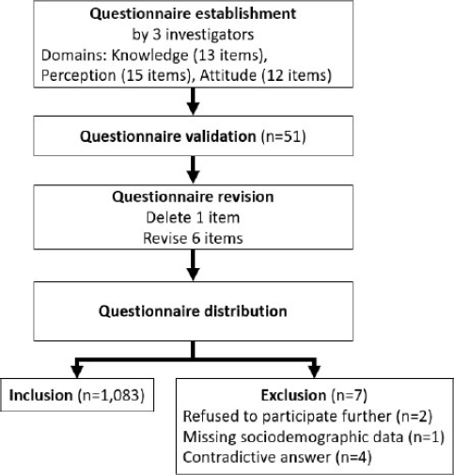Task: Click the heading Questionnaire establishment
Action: coord(193,14)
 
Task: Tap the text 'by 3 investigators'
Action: coord(193,35)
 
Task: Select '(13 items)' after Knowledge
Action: coord(230,55)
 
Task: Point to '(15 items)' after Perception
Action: coord(156,76)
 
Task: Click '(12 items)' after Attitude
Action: coord(296,76)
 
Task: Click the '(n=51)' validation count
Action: coord(283,136)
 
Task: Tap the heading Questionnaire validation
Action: coord(168,136)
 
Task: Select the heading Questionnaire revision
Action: coord(193,198)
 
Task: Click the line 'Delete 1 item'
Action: coord(193,217)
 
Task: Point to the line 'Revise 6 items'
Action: coord(193,238)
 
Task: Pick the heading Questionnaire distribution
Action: coord(193,311)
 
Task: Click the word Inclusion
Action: coord(40,395)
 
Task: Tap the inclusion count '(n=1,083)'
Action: coord(111,395)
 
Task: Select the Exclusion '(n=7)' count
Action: coord(349,395)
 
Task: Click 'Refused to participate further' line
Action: coord(307,417)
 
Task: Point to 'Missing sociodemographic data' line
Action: coord(314,437)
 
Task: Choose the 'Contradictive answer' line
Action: coord(277,458)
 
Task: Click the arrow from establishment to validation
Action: coord(193,102)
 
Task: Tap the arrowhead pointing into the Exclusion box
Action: coord(314,372)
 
